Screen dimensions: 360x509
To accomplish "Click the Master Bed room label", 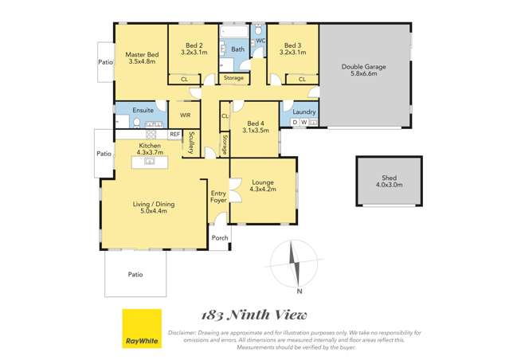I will [141, 57].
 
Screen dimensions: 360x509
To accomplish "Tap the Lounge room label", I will [263, 186].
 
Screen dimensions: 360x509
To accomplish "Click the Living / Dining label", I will [153, 209].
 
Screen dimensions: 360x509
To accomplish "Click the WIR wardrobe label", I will [185, 115].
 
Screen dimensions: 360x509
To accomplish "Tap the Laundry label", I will [304, 112].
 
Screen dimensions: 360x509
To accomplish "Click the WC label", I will [260, 40].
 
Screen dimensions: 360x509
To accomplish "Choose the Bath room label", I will [237, 49].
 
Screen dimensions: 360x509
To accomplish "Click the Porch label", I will [220, 238].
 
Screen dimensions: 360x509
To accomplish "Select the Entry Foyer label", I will [218, 198].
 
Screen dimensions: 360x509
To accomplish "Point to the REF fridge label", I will [174, 134].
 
